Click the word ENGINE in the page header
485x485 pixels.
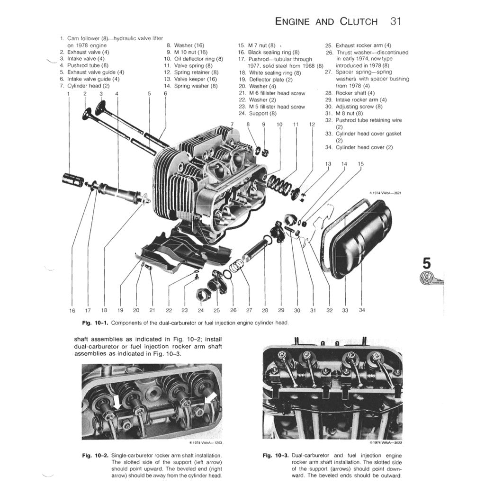pos(292,22)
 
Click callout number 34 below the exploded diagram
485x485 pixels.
pos(362,310)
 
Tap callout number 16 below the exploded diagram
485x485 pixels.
pos(72,311)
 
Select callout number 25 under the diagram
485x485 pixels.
pos(216,311)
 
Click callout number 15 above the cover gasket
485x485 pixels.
pos(361,164)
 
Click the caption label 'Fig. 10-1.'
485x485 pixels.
pos(96,323)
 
